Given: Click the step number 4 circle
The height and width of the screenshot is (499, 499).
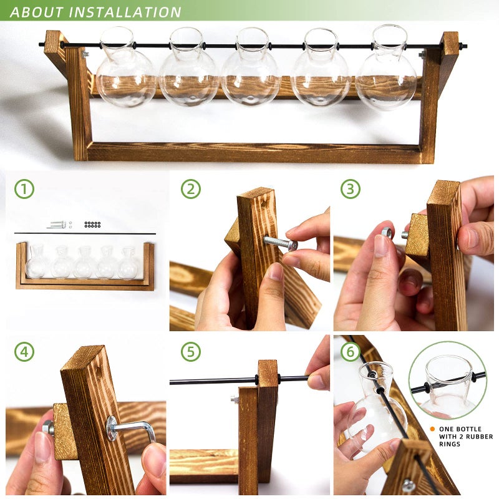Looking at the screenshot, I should pyautogui.click(x=24, y=352).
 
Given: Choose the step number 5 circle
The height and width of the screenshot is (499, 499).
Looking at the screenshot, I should pyautogui.click(x=191, y=352).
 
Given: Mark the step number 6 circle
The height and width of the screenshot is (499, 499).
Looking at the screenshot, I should pyautogui.click(x=351, y=352).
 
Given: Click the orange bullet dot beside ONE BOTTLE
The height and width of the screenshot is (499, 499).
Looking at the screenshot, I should pyautogui.click(x=432, y=429).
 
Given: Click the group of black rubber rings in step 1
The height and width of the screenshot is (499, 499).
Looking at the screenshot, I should pyautogui.click(x=92, y=223).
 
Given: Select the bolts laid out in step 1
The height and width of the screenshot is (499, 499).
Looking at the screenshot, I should pyautogui.click(x=57, y=224).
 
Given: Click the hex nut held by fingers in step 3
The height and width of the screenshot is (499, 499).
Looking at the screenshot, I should pyautogui.click(x=387, y=233).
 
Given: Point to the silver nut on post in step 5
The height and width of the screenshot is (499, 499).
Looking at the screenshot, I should pyautogui.click(x=235, y=399).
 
